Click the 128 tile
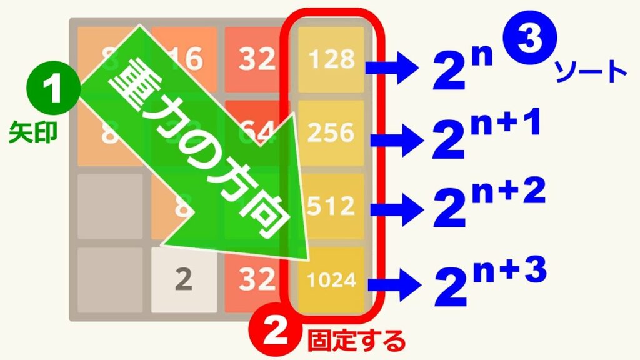(331, 59)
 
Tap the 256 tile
(331, 132)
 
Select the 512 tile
(331, 205)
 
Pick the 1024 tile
(331, 279)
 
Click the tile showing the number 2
(183, 279)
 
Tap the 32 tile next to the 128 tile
(257, 59)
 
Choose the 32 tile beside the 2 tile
(257, 279)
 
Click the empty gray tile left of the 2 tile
(110, 279)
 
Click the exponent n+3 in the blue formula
(510, 270)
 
